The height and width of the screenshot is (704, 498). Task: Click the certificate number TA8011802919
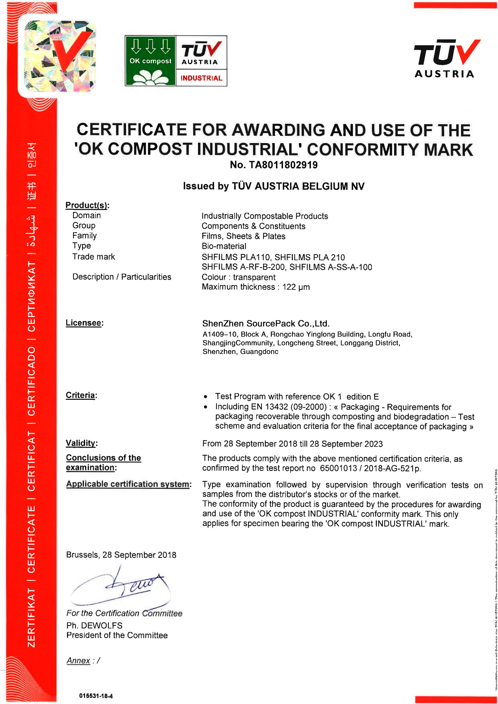(x=283, y=165)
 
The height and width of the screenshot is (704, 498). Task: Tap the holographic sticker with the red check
(x=60, y=56)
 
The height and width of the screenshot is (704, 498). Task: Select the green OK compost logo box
(x=150, y=61)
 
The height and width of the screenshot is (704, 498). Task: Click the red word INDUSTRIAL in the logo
(x=201, y=78)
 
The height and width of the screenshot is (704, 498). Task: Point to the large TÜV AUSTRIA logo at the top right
(x=446, y=58)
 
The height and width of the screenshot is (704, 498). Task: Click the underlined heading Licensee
(x=84, y=323)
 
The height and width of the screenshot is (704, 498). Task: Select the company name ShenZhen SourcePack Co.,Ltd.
(x=266, y=323)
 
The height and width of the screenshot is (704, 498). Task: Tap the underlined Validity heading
(x=81, y=443)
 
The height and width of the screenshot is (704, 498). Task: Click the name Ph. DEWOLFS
(x=94, y=625)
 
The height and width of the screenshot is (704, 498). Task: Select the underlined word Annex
(x=78, y=660)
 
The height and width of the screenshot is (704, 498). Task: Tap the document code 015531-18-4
(x=96, y=696)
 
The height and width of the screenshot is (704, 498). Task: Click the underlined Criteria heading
(x=81, y=395)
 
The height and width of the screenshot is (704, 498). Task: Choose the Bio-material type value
(x=224, y=246)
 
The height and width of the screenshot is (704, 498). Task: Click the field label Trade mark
(x=93, y=257)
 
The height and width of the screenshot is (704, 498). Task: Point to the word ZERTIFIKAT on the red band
(x=32, y=617)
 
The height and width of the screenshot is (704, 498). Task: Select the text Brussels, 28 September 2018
(x=121, y=555)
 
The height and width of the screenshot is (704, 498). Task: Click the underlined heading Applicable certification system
(x=128, y=484)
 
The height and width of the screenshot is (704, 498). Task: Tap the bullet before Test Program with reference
(x=206, y=397)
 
